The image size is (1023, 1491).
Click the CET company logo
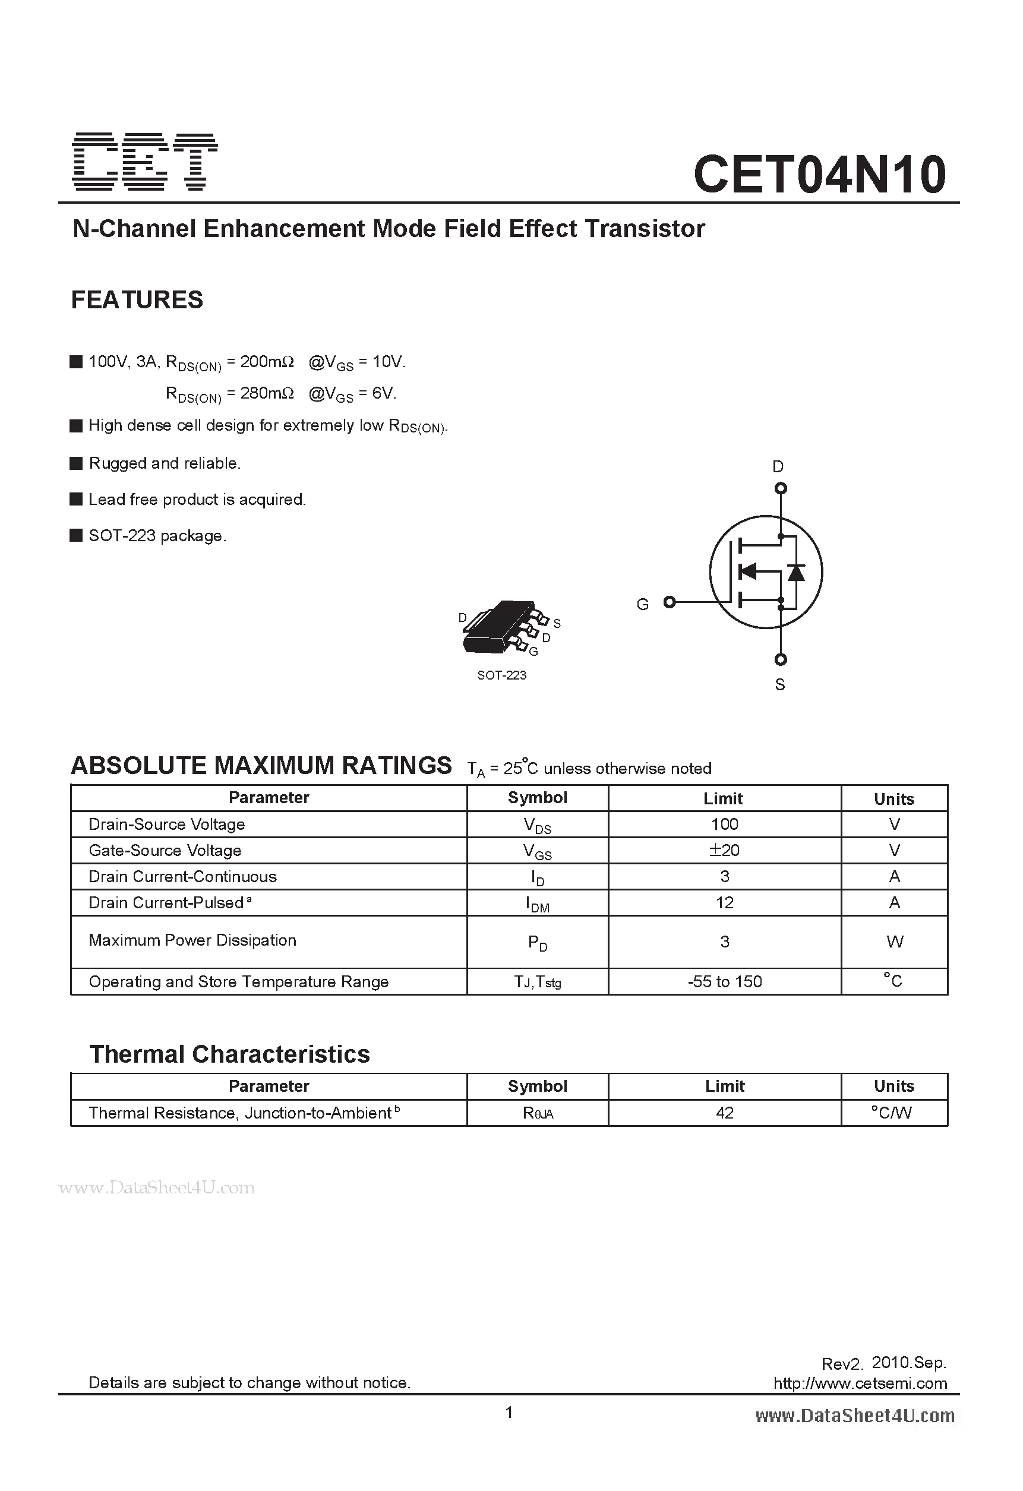pyautogui.click(x=145, y=162)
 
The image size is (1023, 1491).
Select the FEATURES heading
pyautogui.click(x=137, y=299)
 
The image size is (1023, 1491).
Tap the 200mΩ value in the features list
pyautogui.click(x=266, y=362)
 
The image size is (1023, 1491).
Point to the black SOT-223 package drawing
pyautogui.click(x=498, y=627)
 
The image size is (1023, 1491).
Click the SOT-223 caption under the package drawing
pyautogui.click(x=501, y=675)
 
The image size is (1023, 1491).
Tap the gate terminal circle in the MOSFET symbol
pyautogui.click(x=670, y=602)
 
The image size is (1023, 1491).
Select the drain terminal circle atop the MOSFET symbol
pyautogui.click(x=781, y=488)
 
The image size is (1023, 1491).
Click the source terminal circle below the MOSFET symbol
pyautogui.click(x=781, y=659)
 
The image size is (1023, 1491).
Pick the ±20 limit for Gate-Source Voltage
pyautogui.click(x=724, y=850)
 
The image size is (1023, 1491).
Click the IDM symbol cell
pyautogui.click(x=537, y=904)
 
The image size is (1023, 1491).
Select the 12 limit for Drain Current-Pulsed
pyautogui.click(x=724, y=903)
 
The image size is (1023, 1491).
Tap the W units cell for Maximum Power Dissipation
pyautogui.click(x=894, y=941)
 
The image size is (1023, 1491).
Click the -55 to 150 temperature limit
pyautogui.click(x=724, y=981)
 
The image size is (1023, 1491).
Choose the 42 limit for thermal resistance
pyautogui.click(x=724, y=1113)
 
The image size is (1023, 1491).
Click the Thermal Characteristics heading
pyautogui.click(x=229, y=1054)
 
